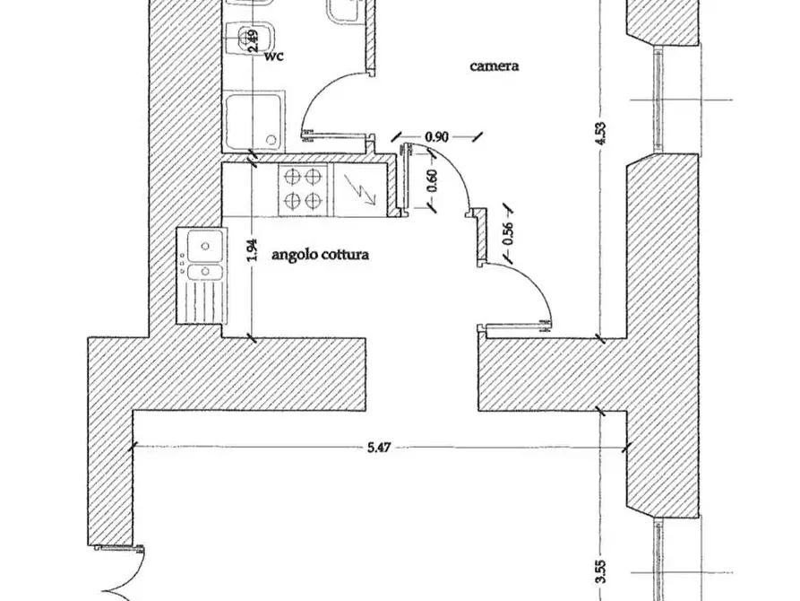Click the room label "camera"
pyautogui.click(x=494, y=65)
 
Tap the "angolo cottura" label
pyautogui.click(x=320, y=255)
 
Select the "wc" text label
pyautogui.click(x=274, y=56)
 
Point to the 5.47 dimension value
pyautogui.click(x=379, y=448)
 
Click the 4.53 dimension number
pyautogui.click(x=601, y=133)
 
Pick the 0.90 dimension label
pyautogui.click(x=437, y=137)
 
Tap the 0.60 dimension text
pyautogui.click(x=432, y=180)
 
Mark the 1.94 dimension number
pyautogui.click(x=252, y=250)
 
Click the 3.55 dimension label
pyautogui.click(x=601, y=571)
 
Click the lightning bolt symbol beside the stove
pyautogui.click(x=360, y=188)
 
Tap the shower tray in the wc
pyautogui.click(x=254, y=122)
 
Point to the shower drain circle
pyautogui.click(x=271, y=140)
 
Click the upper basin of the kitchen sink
pyautogui.click(x=205, y=246)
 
